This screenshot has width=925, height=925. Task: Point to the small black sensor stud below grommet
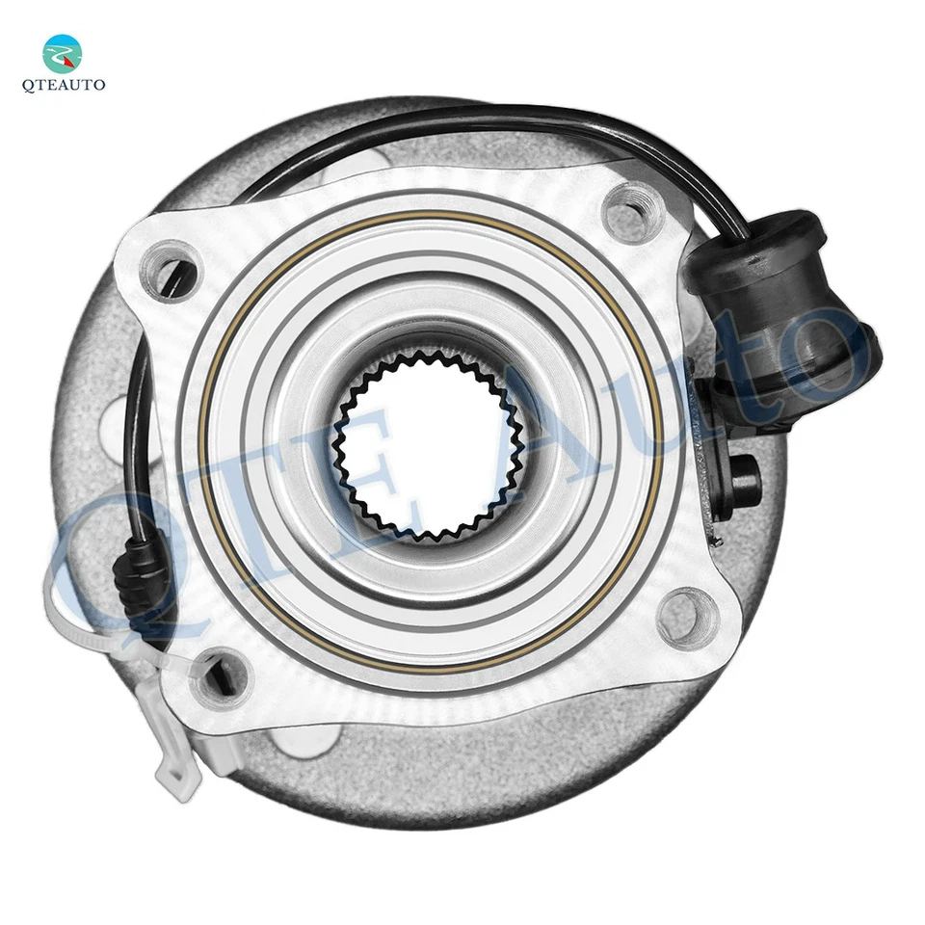click(743, 475)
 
